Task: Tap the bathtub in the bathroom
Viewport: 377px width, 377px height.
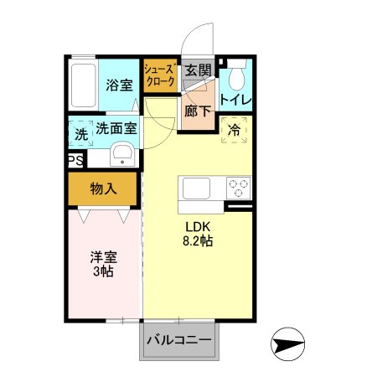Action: pos(82,84)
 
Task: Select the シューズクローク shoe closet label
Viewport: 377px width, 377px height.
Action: pos(159,75)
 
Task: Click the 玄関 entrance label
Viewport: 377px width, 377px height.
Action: pos(198,70)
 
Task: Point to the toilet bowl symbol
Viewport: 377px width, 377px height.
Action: pos(236,80)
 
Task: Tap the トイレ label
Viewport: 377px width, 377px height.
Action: pos(235,101)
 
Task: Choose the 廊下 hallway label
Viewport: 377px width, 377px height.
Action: pos(198,110)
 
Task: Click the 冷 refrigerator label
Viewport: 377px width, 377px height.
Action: pos(234,129)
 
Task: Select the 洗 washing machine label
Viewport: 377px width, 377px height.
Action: pos(80,134)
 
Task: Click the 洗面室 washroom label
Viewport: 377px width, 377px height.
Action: pos(116,129)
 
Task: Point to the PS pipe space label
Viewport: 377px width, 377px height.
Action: pos(75,160)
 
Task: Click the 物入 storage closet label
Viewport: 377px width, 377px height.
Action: pos(104,189)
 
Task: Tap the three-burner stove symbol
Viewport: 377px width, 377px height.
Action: pos(237,187)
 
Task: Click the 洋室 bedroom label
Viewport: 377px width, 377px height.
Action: pos(104,257)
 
